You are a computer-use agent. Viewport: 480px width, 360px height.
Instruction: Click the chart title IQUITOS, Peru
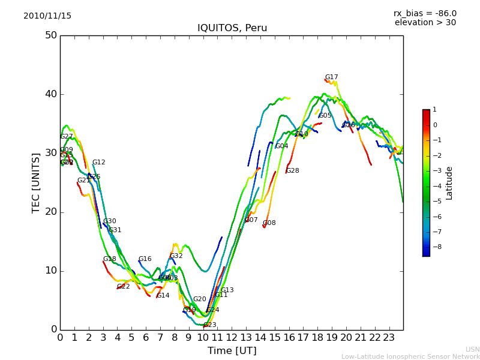coord(232,28)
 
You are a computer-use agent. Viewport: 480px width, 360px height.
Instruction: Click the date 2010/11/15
coord(47,16)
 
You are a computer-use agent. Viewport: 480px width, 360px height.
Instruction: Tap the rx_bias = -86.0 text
coord(425,13)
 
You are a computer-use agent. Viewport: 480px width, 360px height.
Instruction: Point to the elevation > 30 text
coord(425,23)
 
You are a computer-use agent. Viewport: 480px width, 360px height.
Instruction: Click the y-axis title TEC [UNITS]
coord(36,182)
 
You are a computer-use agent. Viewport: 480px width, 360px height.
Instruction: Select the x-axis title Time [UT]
coord(232,351)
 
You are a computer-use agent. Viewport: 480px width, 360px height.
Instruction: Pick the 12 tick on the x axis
coord(232,338)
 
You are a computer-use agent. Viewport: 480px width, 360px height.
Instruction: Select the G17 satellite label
coord(331,77)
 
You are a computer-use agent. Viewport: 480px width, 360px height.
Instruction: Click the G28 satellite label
coord(292,171)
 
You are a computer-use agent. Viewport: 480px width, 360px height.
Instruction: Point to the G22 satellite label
coord(124,287)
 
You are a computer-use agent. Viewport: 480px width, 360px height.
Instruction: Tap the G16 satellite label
coord(145,259)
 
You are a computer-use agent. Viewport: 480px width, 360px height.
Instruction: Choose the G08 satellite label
coord(269,223)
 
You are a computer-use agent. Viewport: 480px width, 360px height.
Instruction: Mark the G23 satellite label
coord(210,325)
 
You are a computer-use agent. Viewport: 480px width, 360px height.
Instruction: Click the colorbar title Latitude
coord(449,183)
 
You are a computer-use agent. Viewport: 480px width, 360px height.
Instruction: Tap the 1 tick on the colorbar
coord(434,110)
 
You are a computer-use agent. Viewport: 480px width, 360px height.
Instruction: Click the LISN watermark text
coord(472,349)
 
